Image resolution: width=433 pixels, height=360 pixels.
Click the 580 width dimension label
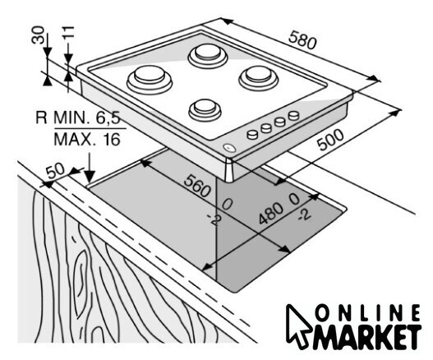[302, 40]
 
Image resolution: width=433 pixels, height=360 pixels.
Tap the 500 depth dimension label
[330, 140]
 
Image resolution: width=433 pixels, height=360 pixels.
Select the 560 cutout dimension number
[197, 187]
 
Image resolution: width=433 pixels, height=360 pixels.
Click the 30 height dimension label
[38, 35]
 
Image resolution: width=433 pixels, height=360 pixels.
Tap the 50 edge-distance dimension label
[55, 171]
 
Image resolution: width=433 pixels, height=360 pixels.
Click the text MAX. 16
[87, 140]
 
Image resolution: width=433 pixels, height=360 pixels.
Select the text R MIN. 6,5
[78, 118]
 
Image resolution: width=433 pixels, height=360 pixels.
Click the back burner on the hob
[208, 56]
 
